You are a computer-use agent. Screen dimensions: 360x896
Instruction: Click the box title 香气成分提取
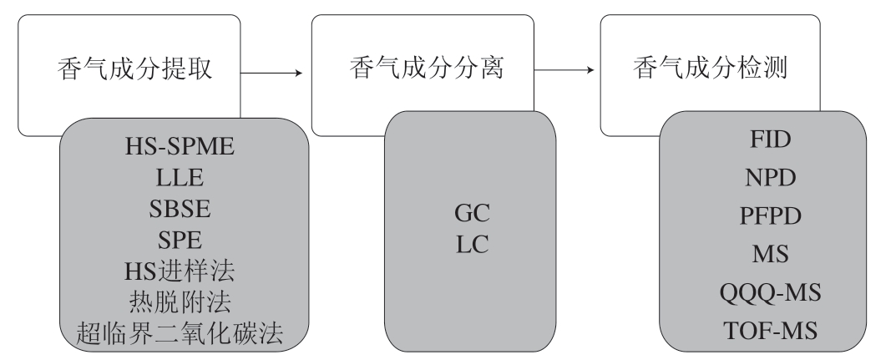[134, 71]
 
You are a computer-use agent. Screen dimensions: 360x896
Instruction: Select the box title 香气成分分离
[426, 71]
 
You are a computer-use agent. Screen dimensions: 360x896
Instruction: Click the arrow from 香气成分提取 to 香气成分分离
[271, 74]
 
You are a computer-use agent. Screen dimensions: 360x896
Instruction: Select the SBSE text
[180, 209]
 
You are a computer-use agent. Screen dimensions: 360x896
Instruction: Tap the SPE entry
[180, 241]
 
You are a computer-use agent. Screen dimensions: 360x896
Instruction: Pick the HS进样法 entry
[180, 271]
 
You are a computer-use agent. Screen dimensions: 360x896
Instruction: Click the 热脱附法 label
[180, 302]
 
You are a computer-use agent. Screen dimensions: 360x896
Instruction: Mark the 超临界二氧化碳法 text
[180, 334]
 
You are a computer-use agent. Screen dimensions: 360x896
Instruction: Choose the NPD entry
[759, 177]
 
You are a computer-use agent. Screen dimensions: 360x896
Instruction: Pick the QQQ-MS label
[759, 293]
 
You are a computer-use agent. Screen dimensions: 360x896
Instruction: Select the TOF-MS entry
[759, 332]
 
